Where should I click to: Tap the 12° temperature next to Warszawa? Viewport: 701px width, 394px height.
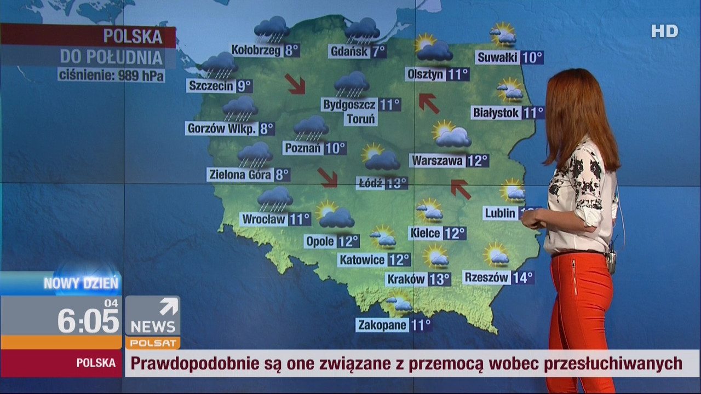[x=477, y=161]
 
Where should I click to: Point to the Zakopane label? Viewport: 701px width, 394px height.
[x=382, y=325]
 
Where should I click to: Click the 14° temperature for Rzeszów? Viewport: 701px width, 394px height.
[x=522, y=278]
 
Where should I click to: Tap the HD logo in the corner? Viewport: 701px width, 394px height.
[x=664, y=31]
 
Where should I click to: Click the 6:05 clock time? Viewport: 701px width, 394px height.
[x=88, y=321]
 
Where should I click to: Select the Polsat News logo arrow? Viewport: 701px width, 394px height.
[x=168, y=306]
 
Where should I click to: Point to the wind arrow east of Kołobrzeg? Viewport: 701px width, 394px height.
[x=295, y=84]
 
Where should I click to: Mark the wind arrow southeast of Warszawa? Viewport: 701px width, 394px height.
[x=461, y=189]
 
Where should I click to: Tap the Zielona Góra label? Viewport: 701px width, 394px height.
[x=240, y=175]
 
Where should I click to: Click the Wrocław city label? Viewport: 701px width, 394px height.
[x=264, y=219]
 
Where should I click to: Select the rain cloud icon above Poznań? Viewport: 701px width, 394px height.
[x=311, y=128]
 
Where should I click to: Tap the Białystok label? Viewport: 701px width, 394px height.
[x=496, y=113]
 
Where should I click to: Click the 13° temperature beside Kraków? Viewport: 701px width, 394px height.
[x=439, y=280]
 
